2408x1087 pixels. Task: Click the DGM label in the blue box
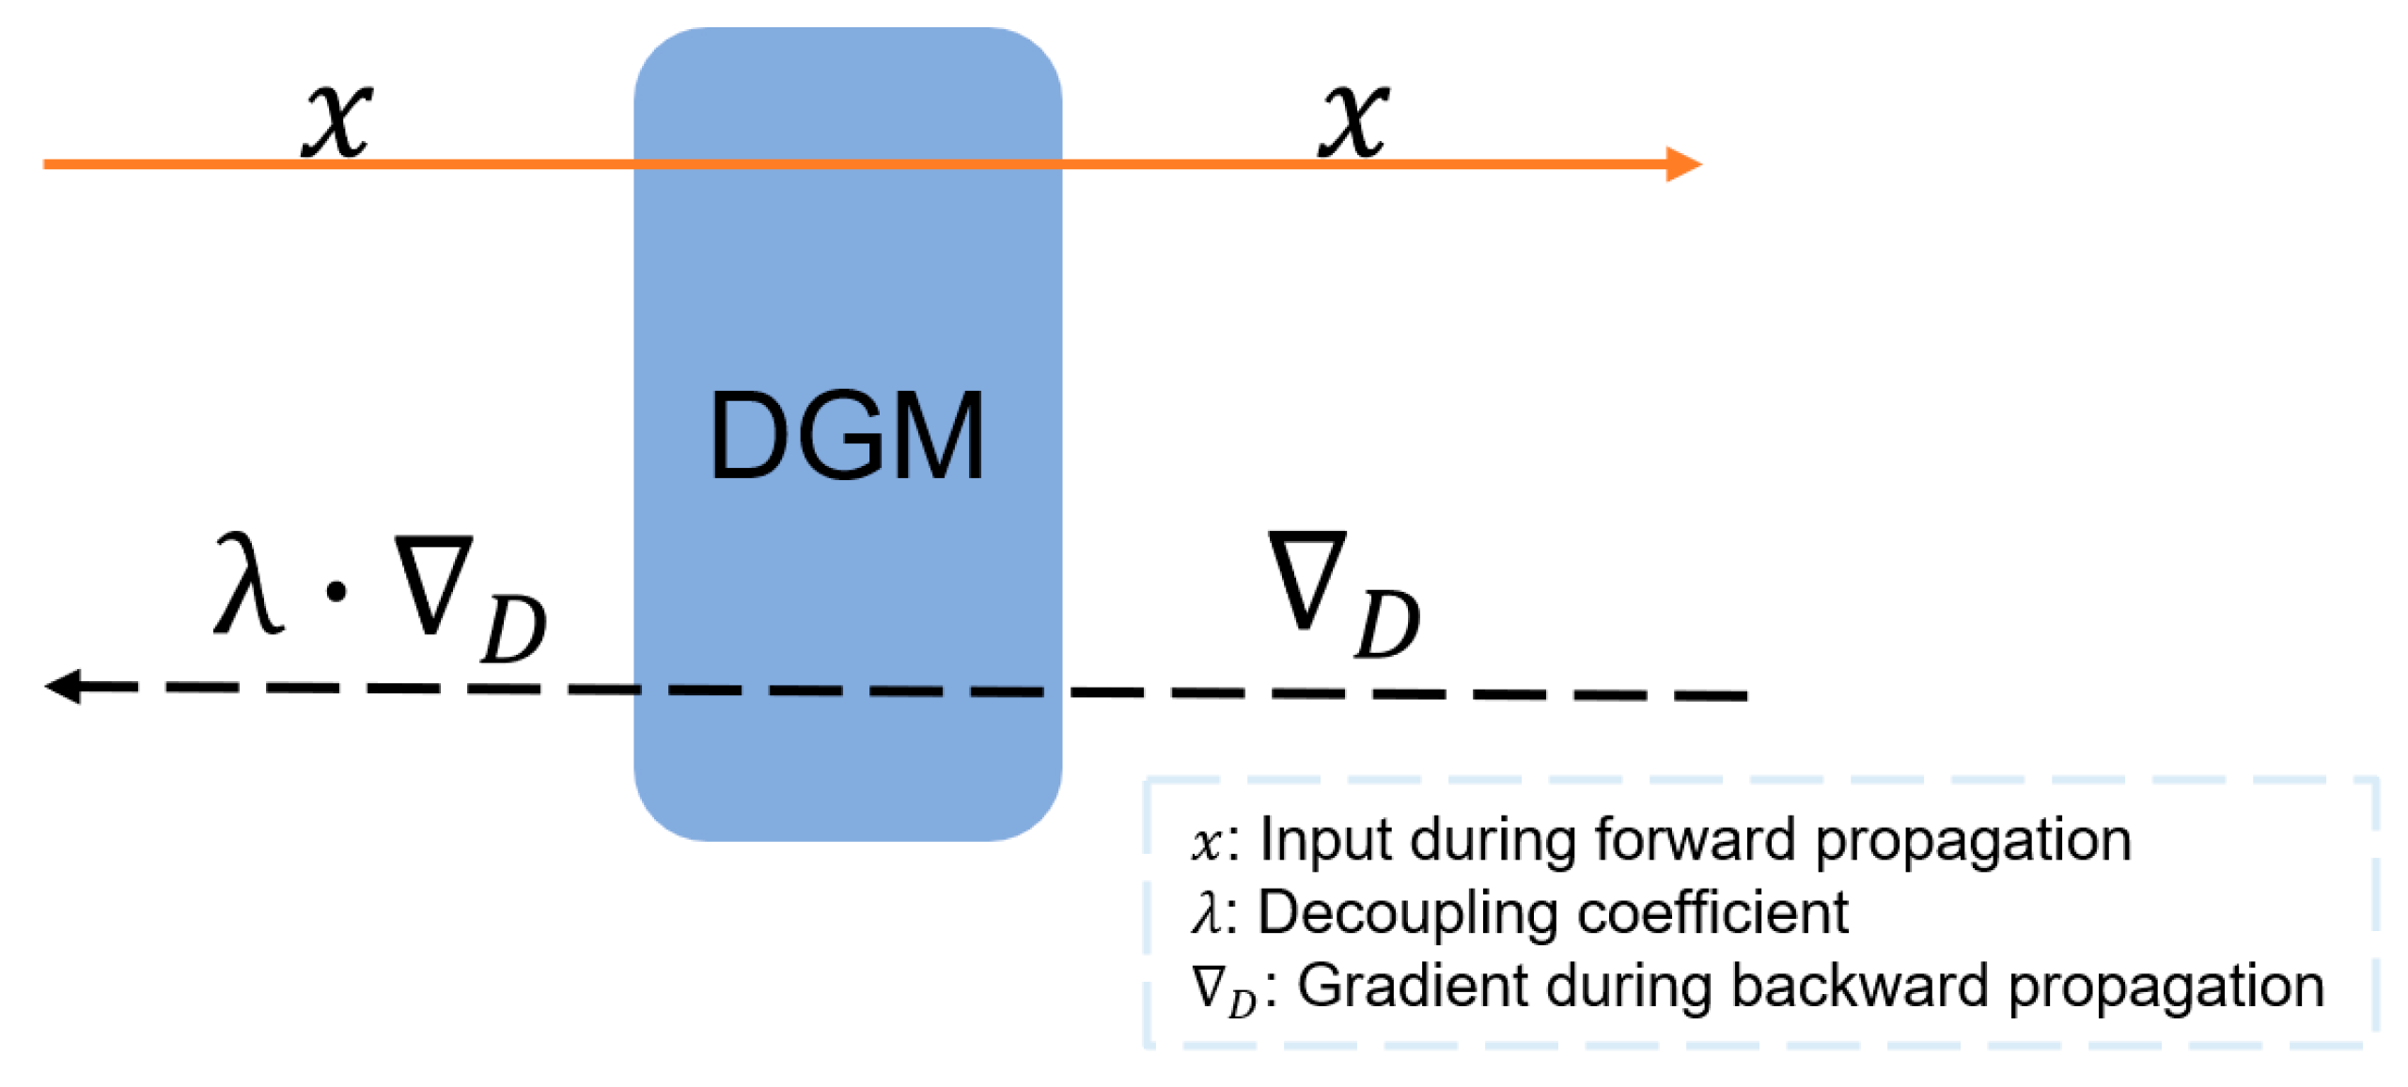pyautogui.click(x=845, y=436)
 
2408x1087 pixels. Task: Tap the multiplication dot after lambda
pyautogui.click(x=336, y=591)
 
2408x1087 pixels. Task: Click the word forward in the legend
pyautogui.click(x=1693, y=838)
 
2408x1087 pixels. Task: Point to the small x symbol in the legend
pyautogui.click(x=1204, y=842)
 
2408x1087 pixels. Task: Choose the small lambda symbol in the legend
pyautogui.click(x=1204, y=911)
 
